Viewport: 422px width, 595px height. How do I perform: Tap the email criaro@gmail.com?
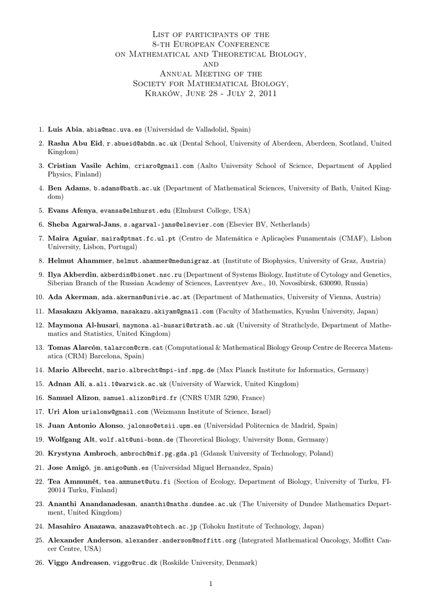click(164, 166)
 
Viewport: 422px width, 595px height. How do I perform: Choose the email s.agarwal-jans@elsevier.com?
click(173, 224)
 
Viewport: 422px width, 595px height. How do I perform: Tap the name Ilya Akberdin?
click(73, 274)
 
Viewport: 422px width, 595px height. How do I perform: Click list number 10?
click(39, 296)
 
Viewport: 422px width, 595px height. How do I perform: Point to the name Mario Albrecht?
click(76, 370)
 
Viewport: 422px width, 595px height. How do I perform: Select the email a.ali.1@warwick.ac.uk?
click(119, 384)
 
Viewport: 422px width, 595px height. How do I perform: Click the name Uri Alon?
click(63, 412)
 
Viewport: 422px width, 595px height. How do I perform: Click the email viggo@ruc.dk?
click(135, 563)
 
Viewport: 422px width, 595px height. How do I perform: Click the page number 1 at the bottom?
click(211, 583)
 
